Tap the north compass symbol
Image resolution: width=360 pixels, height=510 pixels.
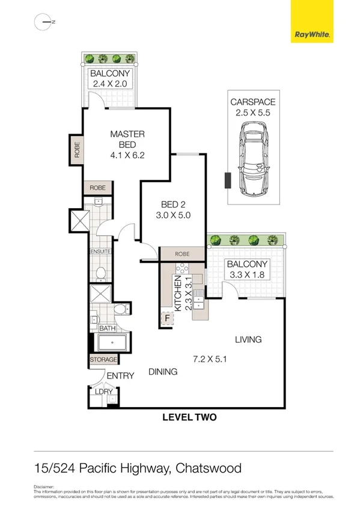coord(44,22)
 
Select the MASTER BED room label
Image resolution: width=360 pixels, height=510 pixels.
coord(127,139)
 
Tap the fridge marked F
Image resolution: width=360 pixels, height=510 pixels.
coord(166,318)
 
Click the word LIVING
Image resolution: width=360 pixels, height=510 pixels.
coord(248,340)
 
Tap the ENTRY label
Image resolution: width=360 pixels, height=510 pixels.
coord(120,376)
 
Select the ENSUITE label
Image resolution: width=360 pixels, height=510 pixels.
coord(100,251)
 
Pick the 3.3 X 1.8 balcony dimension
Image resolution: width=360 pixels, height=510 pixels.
coord(246,275)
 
